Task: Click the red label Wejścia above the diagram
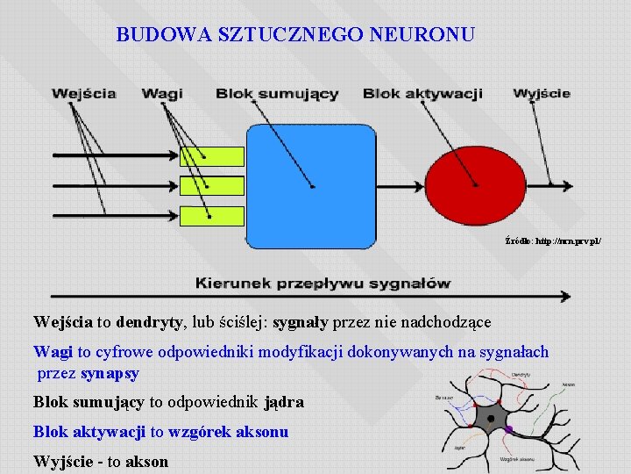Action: point(83,93)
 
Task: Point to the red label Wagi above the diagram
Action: point(162,93)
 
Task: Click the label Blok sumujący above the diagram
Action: point(277,94)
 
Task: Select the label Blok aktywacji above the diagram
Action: point(422,94)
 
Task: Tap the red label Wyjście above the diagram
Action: point(542,93)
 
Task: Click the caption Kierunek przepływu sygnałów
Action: point(323,283)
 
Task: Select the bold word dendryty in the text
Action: point(148,322)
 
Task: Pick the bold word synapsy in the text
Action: point(110,373)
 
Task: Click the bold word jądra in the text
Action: point(283,403)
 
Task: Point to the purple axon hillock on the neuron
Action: point(508,429)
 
